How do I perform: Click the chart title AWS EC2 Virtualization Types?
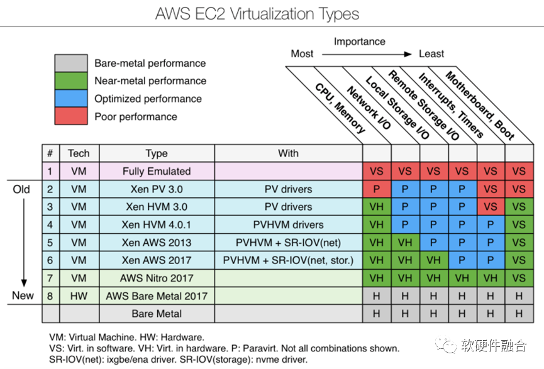coord(257,14)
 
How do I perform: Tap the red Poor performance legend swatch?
coord(71,116)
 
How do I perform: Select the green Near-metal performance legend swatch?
coord(71,80)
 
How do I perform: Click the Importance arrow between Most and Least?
coord(367,54)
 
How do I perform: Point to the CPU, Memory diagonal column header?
coord(340,108)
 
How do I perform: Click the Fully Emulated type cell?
coord(157,171)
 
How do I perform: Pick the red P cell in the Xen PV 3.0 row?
coord(377,189)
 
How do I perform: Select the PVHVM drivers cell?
coord(288,224)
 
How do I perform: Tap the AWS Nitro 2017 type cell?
coord(157,278)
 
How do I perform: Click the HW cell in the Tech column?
coord(79,296)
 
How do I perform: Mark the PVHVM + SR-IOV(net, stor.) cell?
coord(288,260)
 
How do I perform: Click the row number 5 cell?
coord(51,243)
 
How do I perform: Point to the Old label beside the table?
coord(21,189)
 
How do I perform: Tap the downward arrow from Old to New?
coord(24,242)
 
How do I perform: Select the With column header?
coord(288,153)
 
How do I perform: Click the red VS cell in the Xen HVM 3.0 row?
coord(491,207)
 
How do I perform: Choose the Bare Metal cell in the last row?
coord(157,314)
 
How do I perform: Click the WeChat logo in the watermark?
coord(446,344)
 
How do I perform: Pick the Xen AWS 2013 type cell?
coord(157,243)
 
